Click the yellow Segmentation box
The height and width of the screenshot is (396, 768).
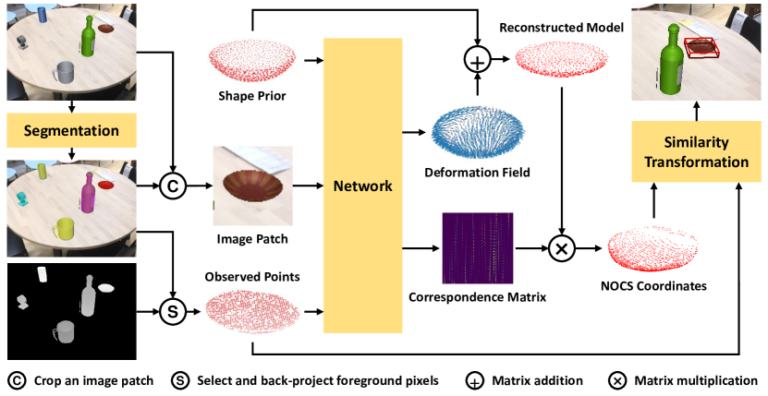coord(70,130)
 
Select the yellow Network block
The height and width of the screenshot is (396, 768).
coord(361,186)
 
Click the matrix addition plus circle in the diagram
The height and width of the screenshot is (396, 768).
coord(475,61)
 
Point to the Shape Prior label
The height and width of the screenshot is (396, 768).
coord(251,96)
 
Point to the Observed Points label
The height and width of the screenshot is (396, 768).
coord(252,276)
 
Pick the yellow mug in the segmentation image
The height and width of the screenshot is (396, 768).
coord(65,228)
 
